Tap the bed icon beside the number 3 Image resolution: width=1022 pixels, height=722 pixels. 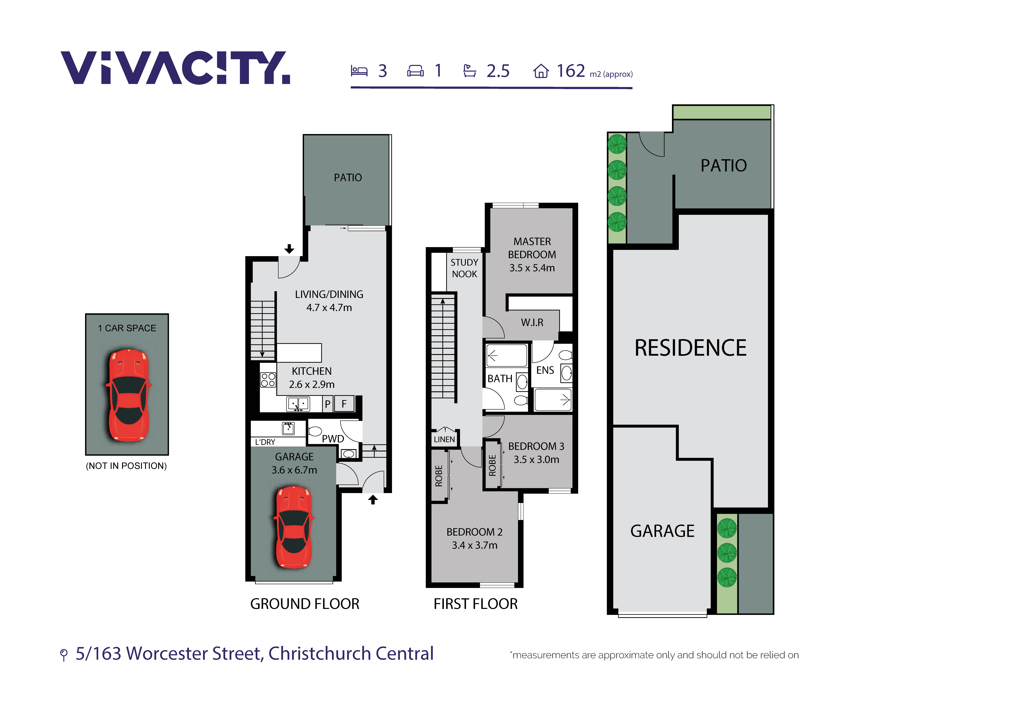coord(359,71)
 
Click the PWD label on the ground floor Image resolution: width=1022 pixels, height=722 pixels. coord(333,439)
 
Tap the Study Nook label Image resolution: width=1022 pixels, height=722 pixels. coord(464,268)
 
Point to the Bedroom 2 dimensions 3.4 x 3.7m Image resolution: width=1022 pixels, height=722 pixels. coord(474,545)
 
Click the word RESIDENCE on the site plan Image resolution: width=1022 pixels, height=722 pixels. coord(690,348)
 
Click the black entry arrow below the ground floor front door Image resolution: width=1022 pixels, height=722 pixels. coord(373,500)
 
